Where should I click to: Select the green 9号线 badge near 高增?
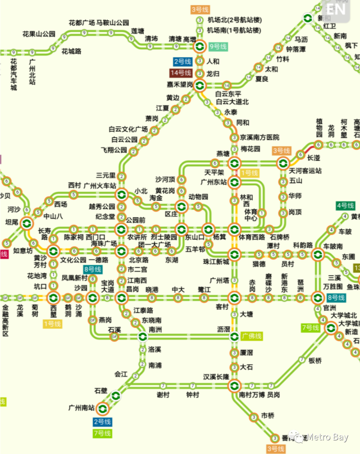tap(217, 47)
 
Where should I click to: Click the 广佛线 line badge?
tap(252, 336)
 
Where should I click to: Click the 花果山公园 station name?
tap(39, 33)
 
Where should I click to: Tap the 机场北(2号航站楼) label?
tap(234, 21)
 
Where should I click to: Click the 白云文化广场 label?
tap(128, 129)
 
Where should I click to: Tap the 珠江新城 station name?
tap(216, 262)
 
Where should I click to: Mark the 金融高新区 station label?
tap(5, 320)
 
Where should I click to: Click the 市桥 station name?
tap(267, 415)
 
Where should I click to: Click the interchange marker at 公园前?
tap(121, 229)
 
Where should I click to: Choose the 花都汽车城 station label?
tap(13, 75)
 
